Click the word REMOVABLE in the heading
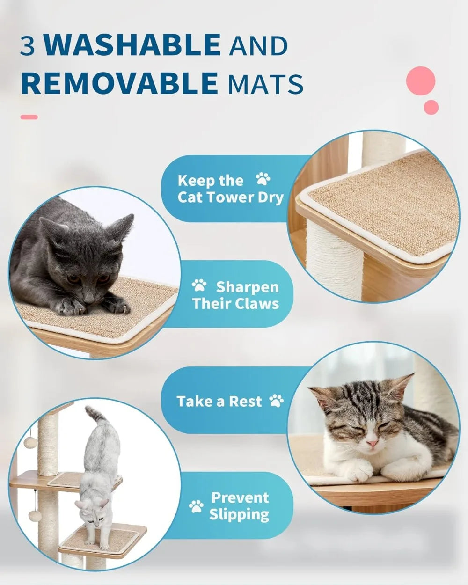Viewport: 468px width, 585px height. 119,83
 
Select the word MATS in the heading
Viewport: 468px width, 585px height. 265,84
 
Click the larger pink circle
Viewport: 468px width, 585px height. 421,80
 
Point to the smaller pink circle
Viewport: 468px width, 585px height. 431,107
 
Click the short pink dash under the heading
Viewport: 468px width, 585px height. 29,117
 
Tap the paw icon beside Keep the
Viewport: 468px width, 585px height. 263,179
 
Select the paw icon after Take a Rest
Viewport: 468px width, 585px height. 277,401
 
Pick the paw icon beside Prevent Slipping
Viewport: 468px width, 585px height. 196,506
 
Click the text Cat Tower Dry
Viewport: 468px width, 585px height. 230,197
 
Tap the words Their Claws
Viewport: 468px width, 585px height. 235,303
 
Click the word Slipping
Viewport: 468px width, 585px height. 239,514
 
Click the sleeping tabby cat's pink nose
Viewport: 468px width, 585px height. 373,443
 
